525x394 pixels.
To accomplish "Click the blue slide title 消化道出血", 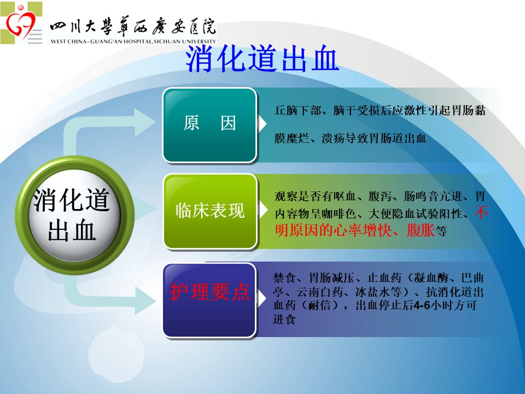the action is click(262, 59).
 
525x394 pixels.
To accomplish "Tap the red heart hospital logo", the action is click(21, 24).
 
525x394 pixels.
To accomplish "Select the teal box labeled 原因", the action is click(210, 125).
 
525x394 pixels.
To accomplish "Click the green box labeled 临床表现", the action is click(210, 211).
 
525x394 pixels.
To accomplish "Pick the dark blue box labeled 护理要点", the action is click(209, 300).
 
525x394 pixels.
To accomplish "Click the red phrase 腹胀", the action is click(421, 230).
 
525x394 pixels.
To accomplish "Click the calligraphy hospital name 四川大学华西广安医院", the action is click(133, 27).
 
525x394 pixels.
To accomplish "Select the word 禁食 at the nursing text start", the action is click(284, 277).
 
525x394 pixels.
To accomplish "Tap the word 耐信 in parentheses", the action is click(319, 305).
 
